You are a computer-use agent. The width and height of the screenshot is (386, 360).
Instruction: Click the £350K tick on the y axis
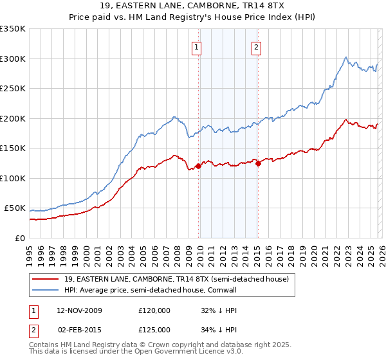click(x=13, y=29)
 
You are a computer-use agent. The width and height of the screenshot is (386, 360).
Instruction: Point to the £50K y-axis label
click(x=15, y=208)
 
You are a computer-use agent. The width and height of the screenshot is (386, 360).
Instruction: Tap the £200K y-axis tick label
click(x=13, y=118)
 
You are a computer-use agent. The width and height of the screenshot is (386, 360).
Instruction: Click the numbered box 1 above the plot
click(x=196, y=46)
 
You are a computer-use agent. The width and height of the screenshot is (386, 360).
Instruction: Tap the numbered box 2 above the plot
click(x=256, y=46)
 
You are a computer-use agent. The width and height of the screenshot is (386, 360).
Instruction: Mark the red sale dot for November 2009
click(x=198, y=166)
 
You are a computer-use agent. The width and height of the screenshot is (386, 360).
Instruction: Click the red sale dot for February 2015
click(x=258, y=163)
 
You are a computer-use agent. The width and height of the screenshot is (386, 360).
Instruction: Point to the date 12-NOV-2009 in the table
click(x=79, y=310)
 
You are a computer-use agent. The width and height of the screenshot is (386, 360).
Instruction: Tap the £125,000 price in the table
click(x=154, y=330)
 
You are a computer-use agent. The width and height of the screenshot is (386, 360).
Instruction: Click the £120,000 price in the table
click(x=154, y=310)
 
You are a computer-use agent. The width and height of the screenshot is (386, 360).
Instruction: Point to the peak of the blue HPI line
click(x=346, y=57)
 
